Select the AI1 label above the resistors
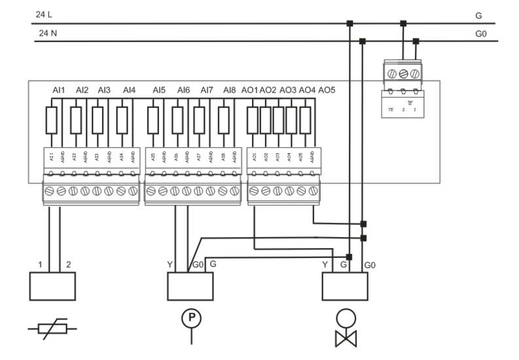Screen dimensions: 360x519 59,90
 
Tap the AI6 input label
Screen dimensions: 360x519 183,90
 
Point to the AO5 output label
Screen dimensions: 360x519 327,90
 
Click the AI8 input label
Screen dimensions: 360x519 229,90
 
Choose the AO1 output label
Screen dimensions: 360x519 249,90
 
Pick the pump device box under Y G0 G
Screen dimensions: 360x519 190,286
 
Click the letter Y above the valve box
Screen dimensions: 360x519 325,265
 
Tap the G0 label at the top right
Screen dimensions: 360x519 482,32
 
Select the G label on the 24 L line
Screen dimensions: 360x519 478,14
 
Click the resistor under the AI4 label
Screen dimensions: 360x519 122,121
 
